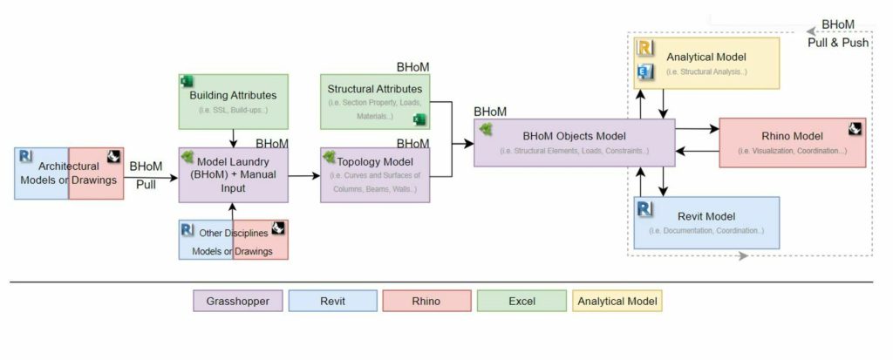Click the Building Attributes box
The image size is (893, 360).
click(233, 101)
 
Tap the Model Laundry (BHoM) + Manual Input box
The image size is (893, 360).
click(233, 174)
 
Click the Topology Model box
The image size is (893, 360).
click(375, 174)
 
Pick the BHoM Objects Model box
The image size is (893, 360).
click(575, 143)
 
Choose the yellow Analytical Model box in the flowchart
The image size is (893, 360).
click(706, 63)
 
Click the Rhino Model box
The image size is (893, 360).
click(792, 143)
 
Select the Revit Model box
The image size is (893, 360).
click(706, 222)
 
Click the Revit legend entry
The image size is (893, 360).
click(331, 301)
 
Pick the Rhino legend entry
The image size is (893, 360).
click(426, 301)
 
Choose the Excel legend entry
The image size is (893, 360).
click(521, 301)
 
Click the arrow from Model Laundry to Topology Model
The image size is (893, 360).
click(303, 175)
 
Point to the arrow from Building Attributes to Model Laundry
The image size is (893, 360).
click(233, 138)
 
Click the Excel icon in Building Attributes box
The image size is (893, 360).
click(187, 81)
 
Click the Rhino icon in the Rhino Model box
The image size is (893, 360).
click(856, 129)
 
